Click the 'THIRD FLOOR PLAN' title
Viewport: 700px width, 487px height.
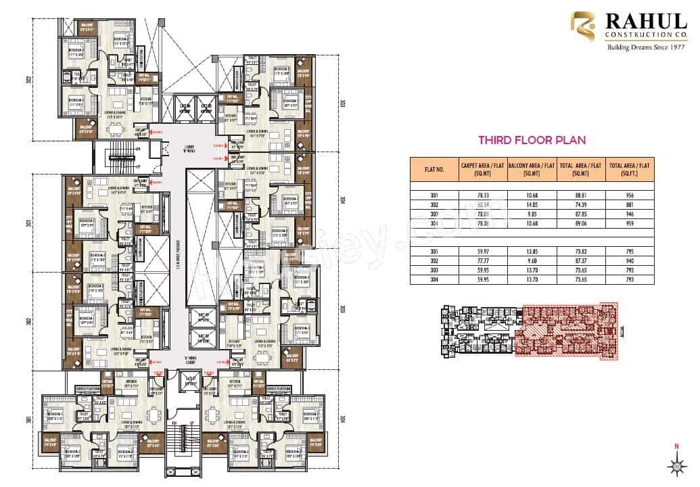(x=532, y=141)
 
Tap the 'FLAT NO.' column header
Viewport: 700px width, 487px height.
(x=434, y=169)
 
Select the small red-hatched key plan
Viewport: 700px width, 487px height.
(x=532, y=330)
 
